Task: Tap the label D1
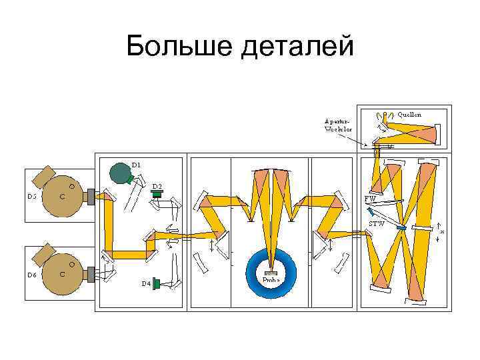pyautogui.click(x=136, y=163)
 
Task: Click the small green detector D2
pyautogui.click(x=157, y=194)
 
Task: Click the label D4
pyautogui.click(x=145, y=283)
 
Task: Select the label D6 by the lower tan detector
pyautogui.click(x=32, y=274)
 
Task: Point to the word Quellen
pyautogui.click(x=409, y=114)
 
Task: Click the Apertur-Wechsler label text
pyautogui.click(x=337, y=125)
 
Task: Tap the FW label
pyautogui.click(x=370, y=199)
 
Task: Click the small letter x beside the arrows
pyautogui.click(x=443, y=231)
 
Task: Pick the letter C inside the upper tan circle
pyautogui.click(x=62, y=197)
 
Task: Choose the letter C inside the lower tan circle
pyautogui.click(x=62, y=274)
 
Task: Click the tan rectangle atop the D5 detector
pyautogui.click(x=45, y=176)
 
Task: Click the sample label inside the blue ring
pyautogui.click(x=270, y=279)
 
